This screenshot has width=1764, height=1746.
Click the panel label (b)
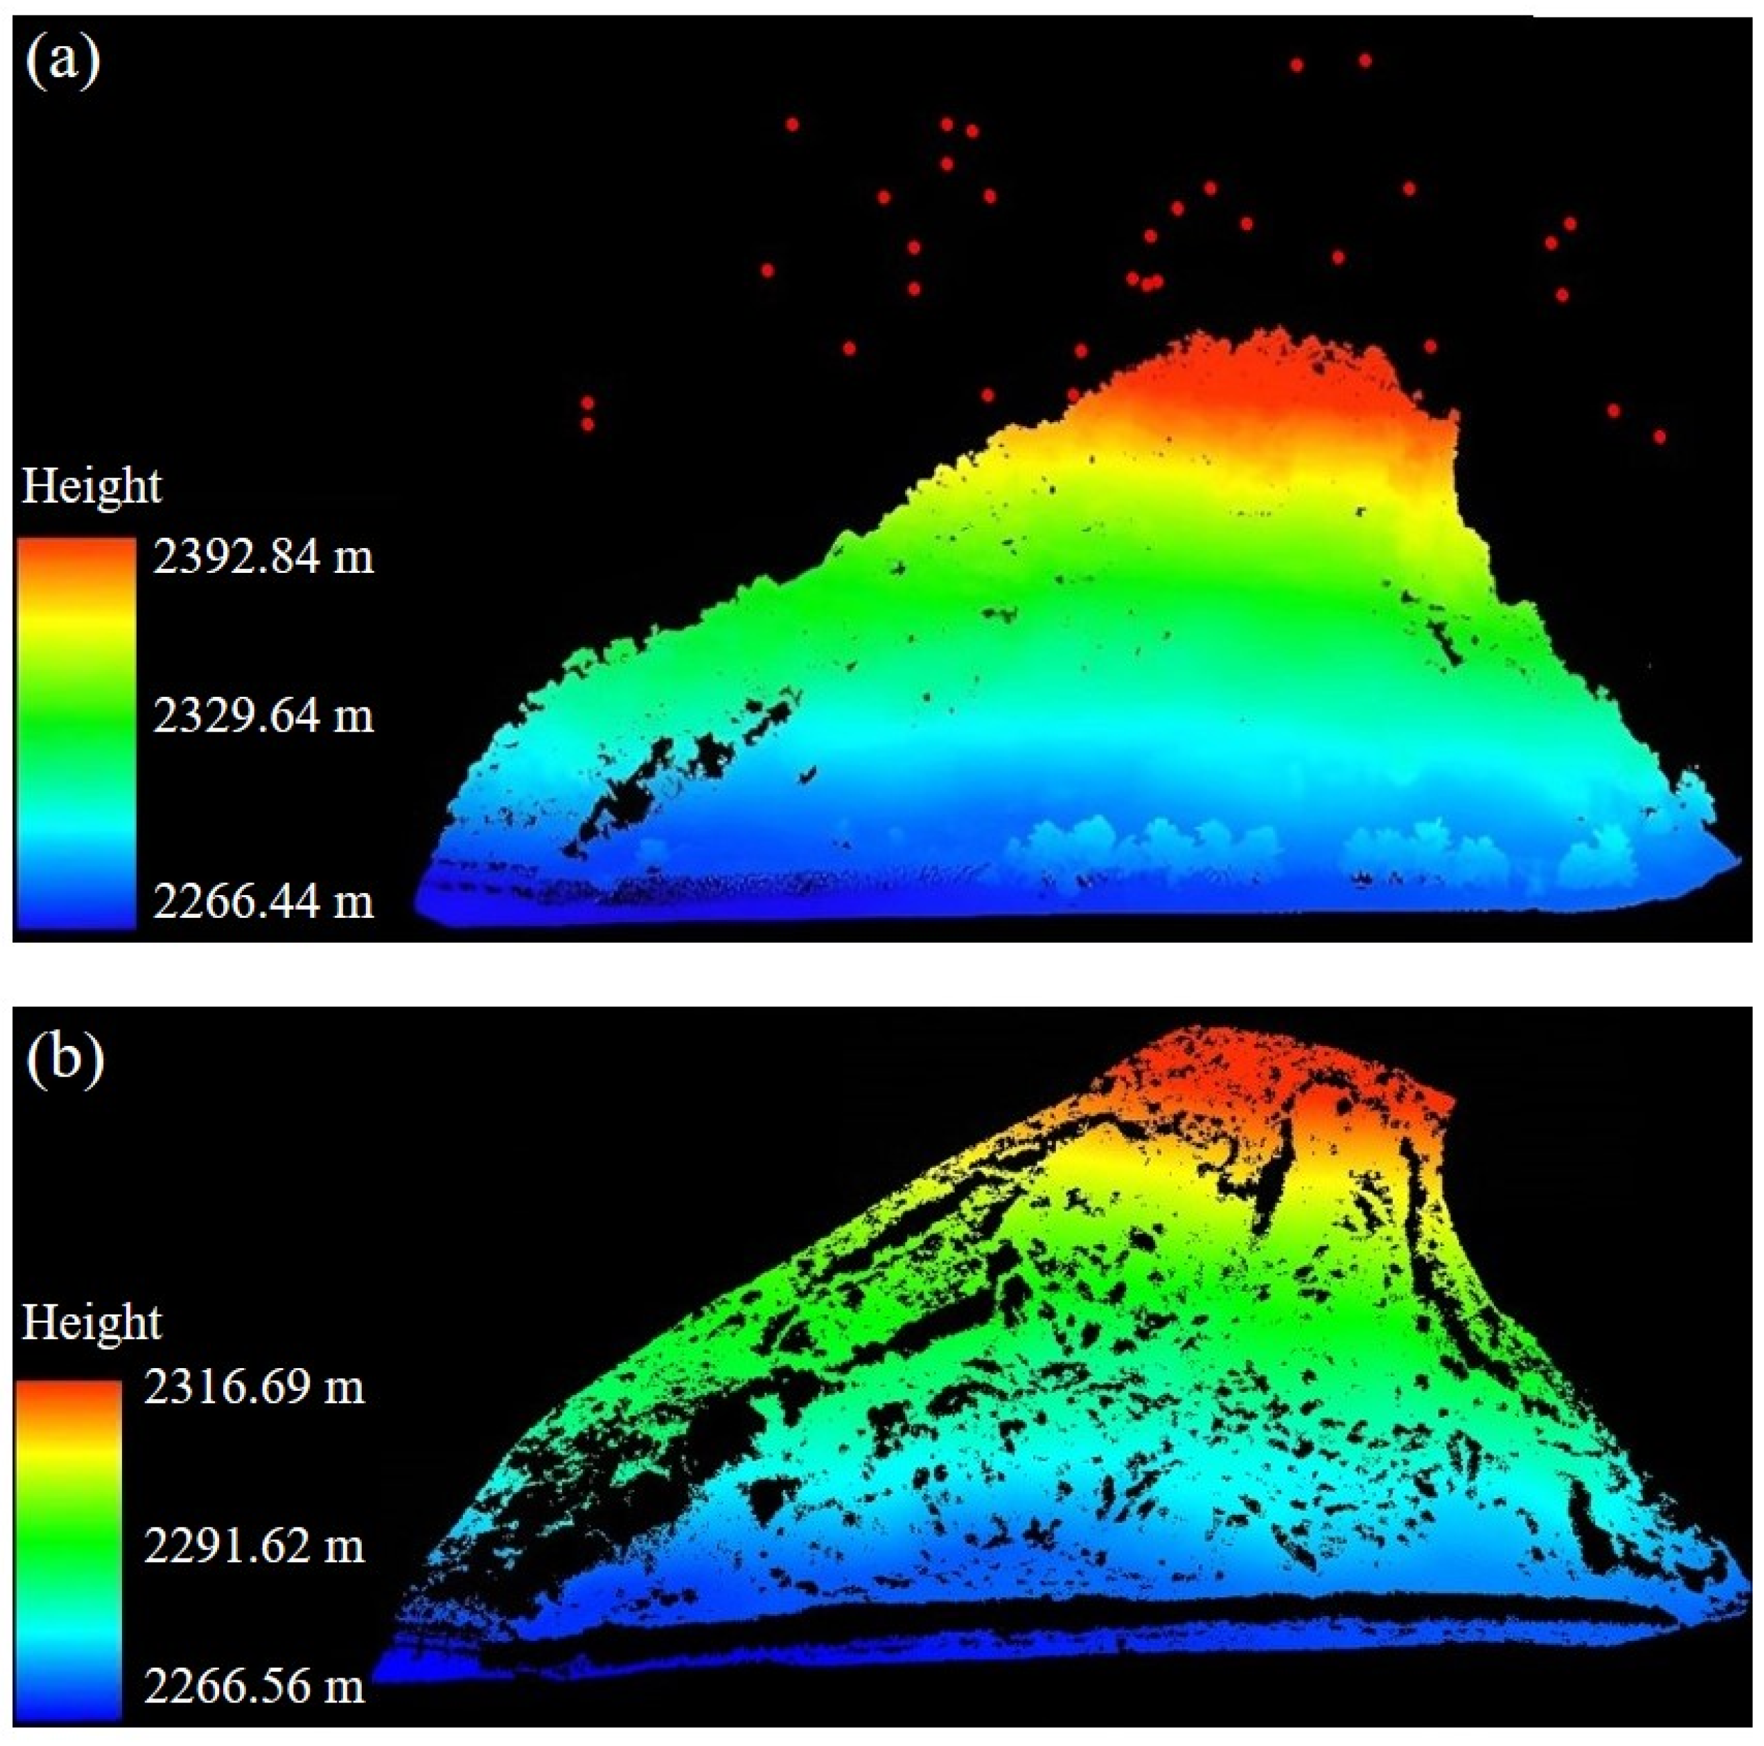[64, 1060]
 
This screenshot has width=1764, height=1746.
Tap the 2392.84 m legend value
[263, 557]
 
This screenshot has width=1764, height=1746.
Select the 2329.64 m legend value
[263, 716]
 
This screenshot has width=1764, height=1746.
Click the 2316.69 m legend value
[254, 1387]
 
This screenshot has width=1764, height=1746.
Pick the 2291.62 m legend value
[254, 1546]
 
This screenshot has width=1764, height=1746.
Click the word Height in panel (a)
[91, 486]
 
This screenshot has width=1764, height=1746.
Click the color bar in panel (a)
[75, 730]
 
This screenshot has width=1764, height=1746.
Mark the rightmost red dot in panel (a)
[1659, 438]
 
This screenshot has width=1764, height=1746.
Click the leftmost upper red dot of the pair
[587, 403]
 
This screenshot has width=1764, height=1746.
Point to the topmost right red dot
[1365, 61]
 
